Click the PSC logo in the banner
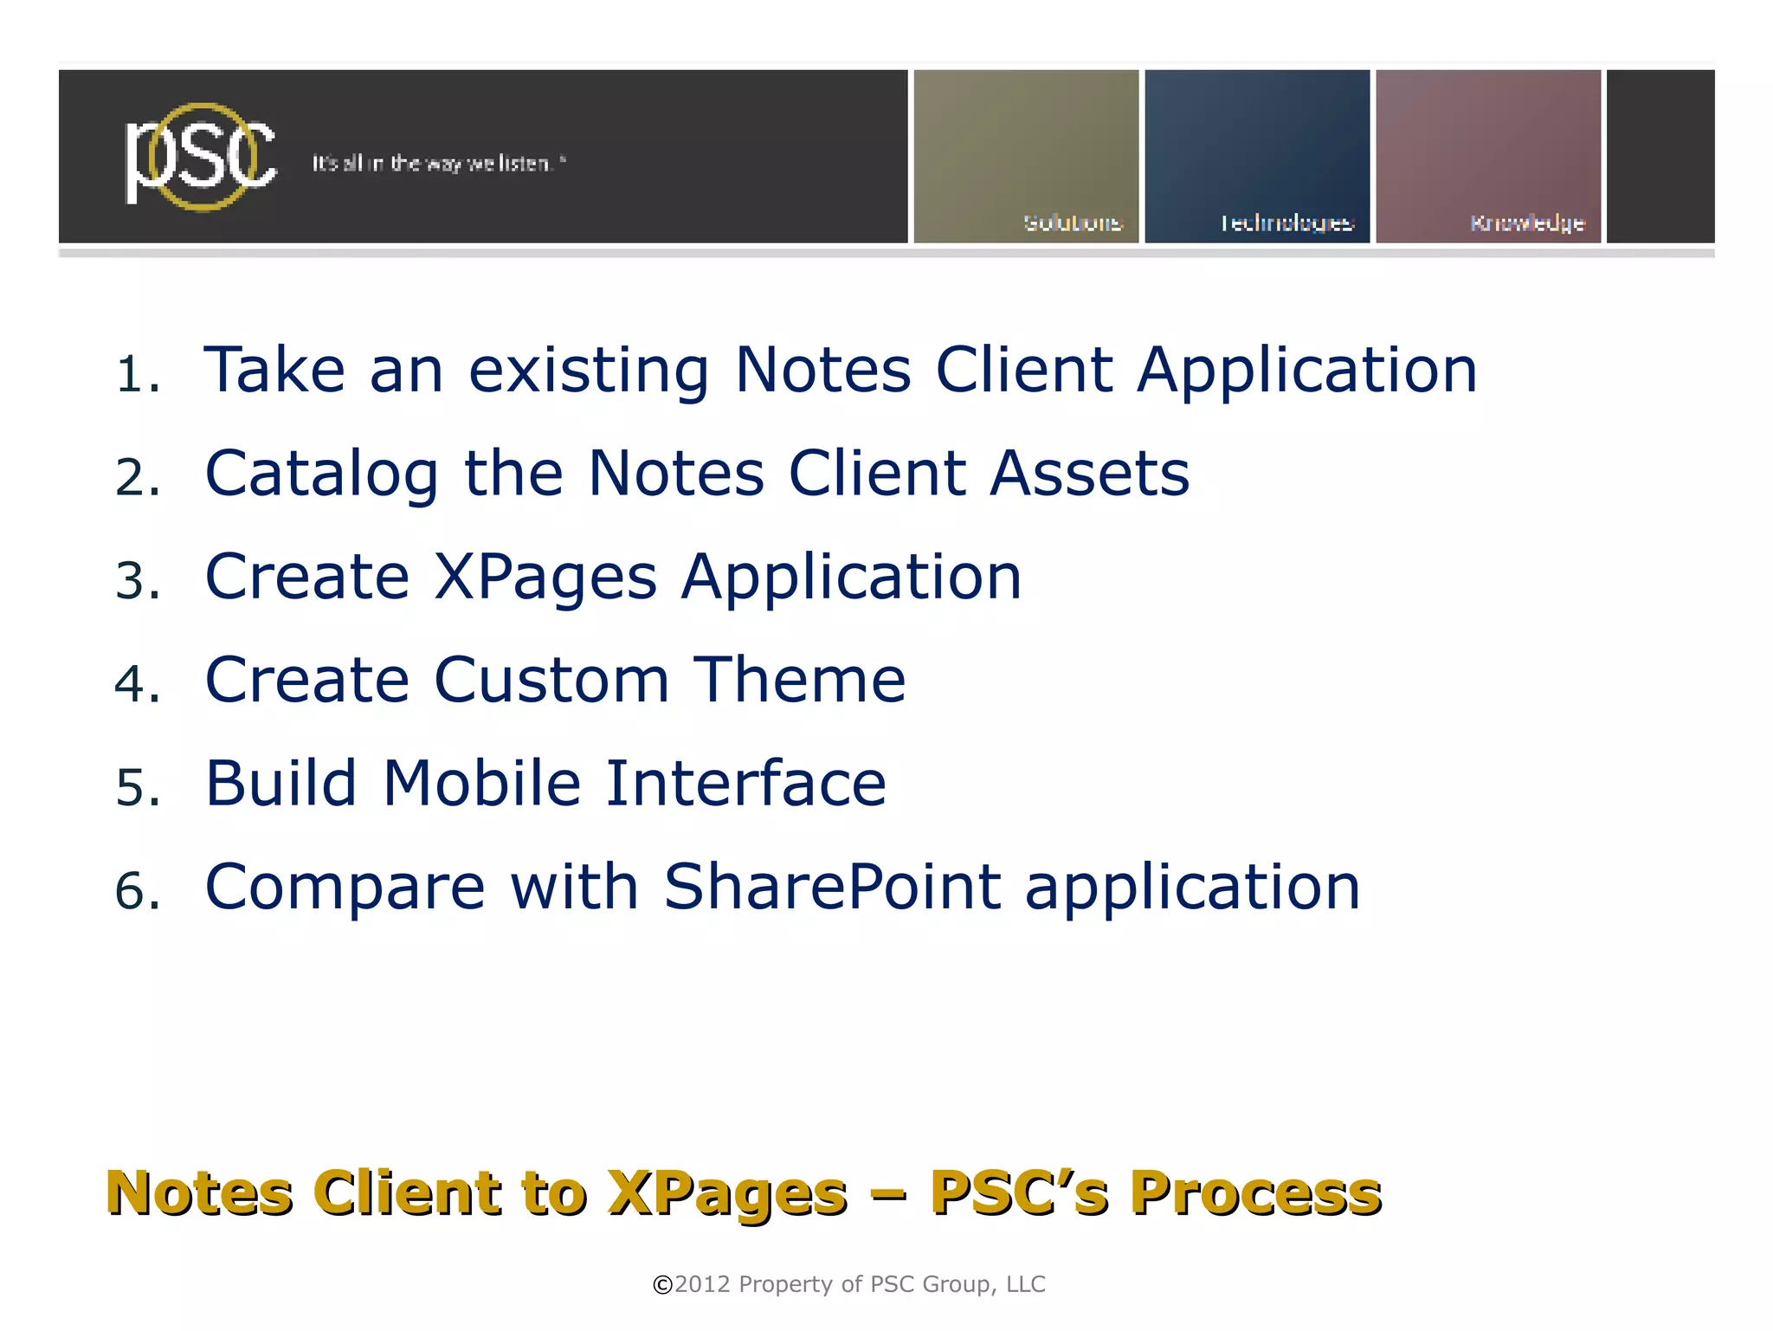point(201,157)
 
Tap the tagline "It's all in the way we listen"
point(439,164)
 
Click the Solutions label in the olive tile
point(1073,223)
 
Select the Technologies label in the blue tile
point(1286,223)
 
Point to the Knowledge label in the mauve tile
point(1527,223)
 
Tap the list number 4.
point(137,684)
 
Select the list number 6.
point(137,891)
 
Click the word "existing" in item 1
point(589,371)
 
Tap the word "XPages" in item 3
point(545,578)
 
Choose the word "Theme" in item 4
point(800,680)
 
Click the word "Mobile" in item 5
point(482,783)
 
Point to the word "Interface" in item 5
point(745,783)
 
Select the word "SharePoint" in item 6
point(832,887)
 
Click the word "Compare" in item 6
point(345,888)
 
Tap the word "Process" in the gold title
point(1255,1193)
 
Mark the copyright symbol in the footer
point(662,1285)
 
